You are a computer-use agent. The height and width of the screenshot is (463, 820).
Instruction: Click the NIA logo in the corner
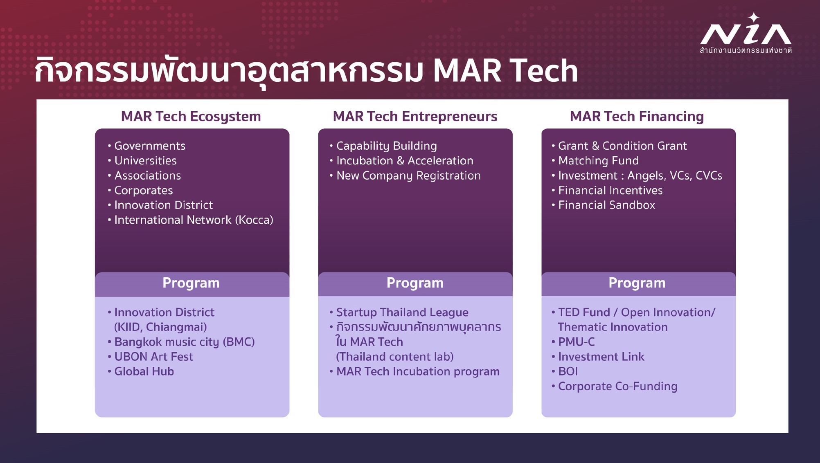click(x=746, y=33)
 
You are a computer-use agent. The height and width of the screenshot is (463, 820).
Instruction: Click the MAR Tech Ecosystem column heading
click(x=191, y=117)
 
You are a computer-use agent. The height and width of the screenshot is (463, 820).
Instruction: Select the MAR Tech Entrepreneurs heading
click(x=415, y=117)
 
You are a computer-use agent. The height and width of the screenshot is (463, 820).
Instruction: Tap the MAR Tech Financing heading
click(x=637, y=117)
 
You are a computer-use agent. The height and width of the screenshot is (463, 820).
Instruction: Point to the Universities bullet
click(x=145, y=160)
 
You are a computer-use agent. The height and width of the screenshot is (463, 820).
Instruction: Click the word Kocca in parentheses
click(x=254, y=220)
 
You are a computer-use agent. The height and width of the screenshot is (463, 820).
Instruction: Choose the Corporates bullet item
click(x=143, y=190)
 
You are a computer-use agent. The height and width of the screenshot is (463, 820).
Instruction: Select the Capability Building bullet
click(x=386, y=146)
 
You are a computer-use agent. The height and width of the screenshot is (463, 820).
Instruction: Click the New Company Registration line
click(x=408, y=175)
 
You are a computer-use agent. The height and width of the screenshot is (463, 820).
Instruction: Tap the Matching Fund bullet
click(x=598, y=160)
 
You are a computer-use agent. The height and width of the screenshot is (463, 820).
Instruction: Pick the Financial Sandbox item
click(x=606, y=205)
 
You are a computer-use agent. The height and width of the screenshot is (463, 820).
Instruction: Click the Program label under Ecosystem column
click(x=191, y=283)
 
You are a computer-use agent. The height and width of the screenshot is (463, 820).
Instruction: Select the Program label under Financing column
click(x=637, y=283)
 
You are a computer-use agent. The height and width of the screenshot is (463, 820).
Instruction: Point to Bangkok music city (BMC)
click(x=185, y=342)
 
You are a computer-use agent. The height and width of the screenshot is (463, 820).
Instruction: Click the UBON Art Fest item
click(x=153, y=357)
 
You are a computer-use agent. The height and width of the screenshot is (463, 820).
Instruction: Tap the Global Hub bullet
click(x=144, y=371)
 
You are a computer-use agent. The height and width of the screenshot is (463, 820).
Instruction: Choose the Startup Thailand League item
click(x=402, y=312)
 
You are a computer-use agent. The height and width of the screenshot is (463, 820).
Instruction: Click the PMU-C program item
click(x=577, y=342)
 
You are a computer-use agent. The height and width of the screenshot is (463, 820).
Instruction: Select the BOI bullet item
click(x=568, y=371)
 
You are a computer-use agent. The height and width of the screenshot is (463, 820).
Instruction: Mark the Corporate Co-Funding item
click(x=618, y=387)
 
